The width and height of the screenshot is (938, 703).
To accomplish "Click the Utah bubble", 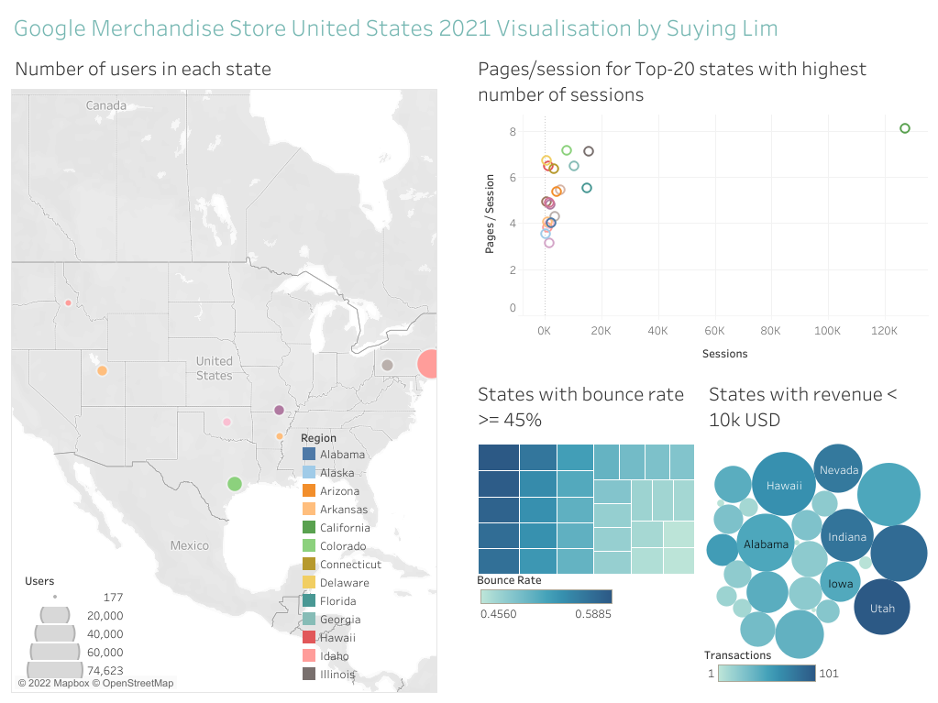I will click(881, 608).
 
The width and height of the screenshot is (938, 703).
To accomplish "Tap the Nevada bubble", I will click(838, 470).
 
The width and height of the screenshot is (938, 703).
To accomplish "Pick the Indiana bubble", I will click(846, 536).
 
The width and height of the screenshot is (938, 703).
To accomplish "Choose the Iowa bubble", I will click(840, 583).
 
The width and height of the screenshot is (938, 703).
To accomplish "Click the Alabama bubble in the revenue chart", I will click(766, 544).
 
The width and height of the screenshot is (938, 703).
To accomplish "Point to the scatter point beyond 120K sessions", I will click(904, 128).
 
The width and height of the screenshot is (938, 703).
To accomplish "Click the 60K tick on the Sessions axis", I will click(714, 330).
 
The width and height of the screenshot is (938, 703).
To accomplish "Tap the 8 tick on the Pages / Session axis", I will click(513, 132).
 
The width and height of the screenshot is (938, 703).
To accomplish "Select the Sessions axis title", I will click(724, 354).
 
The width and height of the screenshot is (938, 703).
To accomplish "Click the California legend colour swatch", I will click(308, 528).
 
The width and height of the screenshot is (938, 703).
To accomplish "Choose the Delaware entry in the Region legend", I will click(344, 583).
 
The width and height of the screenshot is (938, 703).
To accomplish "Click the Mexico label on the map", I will click(189, 545).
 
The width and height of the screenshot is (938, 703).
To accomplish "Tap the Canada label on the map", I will click(106, 105).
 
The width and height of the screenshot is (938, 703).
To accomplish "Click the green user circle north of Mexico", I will click(234, 483).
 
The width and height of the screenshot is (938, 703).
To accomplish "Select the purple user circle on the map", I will click(279, 410).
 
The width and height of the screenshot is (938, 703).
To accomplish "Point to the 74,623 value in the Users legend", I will click(105, 670).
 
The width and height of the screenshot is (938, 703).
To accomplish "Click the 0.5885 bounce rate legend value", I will click(592, 613).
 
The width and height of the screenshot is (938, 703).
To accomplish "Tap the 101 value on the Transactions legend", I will click(828, 674).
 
